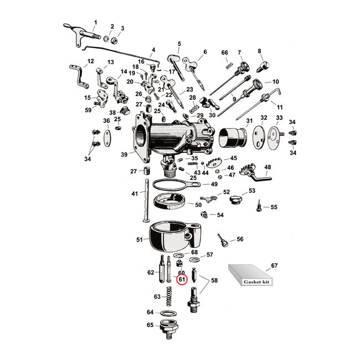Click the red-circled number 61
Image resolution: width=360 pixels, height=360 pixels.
click(x=181, y=280)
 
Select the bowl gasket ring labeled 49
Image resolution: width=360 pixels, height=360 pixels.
click(x=172, y=186)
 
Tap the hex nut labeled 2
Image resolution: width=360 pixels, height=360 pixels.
click(x=112, y=39)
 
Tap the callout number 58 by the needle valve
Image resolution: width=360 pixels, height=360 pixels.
click(x=214, y=281)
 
